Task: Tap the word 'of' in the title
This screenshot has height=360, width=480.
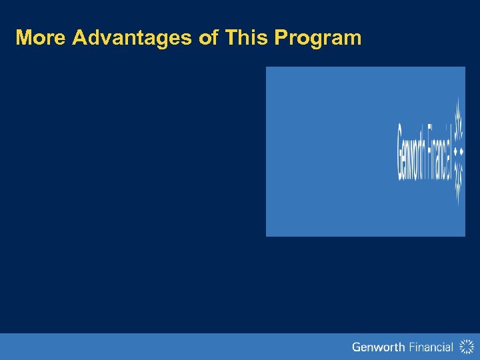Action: point(209,37)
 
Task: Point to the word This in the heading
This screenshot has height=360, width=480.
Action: point(246,37)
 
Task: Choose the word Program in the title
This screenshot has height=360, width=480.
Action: point(317,38)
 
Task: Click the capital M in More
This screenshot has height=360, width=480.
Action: point(23,37)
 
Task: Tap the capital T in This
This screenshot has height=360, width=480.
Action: point(231,37)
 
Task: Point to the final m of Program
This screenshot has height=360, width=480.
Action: point(353,39)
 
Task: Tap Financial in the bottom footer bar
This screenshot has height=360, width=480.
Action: point(427,347)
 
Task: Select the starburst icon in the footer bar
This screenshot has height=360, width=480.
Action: point(466,346)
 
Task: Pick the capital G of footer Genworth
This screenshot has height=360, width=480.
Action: point(356,347)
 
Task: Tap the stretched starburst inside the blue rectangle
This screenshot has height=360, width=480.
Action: point(458,151)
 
